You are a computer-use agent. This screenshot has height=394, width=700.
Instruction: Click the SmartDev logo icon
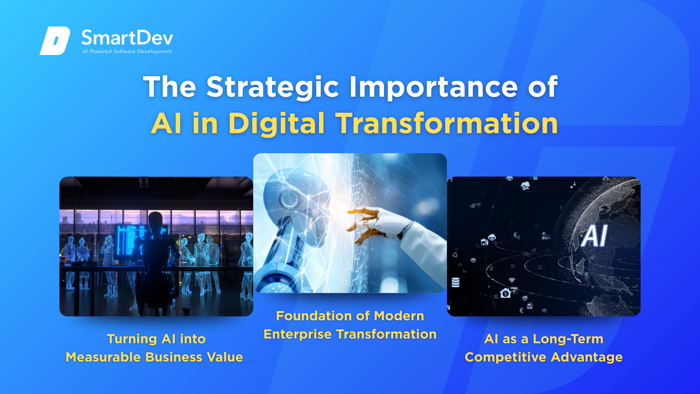point(55,40)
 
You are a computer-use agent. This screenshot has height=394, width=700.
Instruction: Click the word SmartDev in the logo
point(127,38)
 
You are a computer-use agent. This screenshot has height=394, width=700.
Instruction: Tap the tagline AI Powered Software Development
point(127,51)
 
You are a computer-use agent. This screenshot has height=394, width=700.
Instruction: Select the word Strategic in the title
point(273,88)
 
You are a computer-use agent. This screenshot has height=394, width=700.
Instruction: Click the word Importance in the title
point(433,88)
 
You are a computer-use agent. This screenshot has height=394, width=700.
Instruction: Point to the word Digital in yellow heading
point(276,124)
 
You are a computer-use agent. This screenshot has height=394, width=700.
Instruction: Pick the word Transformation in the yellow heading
point(447,123)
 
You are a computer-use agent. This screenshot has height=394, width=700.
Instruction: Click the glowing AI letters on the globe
point(594,236)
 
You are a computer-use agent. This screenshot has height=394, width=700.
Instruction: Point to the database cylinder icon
point(455,282)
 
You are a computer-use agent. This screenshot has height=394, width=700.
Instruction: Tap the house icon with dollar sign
point(505,293)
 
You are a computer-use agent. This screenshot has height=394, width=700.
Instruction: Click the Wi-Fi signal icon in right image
point(512,280)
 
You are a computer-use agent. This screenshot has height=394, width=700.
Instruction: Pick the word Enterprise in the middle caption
point(297,335)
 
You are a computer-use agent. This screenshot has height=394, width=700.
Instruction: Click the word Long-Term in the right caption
point(568,339)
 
